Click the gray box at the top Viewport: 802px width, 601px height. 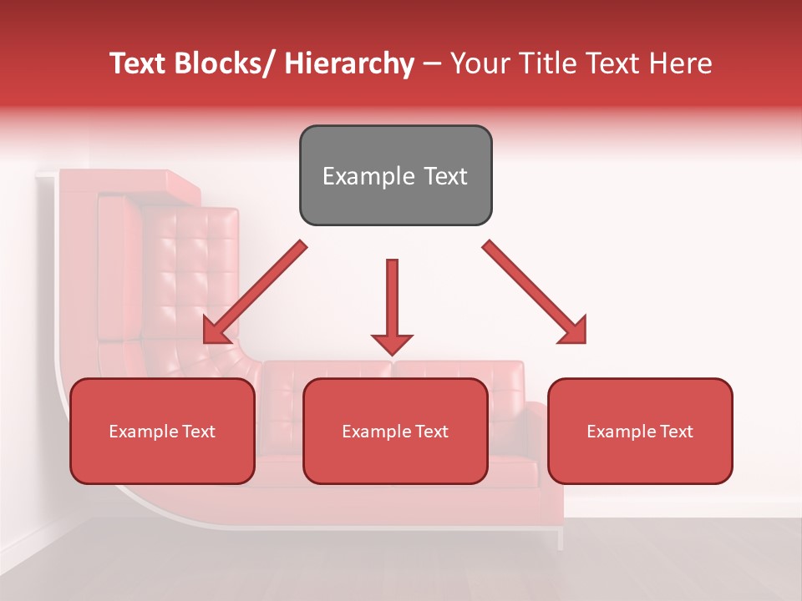[395, 175]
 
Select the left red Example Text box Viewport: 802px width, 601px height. [162, 431]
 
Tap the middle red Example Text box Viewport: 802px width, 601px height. [395, 431]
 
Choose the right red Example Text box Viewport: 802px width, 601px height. [640, 431]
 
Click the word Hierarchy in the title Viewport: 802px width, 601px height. [348, 63]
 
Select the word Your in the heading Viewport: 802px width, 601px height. [478, 63]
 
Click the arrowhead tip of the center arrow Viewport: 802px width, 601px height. [392, 353]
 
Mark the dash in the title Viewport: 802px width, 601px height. [432, 65]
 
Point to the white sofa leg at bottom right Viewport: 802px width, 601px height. [560, 538]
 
